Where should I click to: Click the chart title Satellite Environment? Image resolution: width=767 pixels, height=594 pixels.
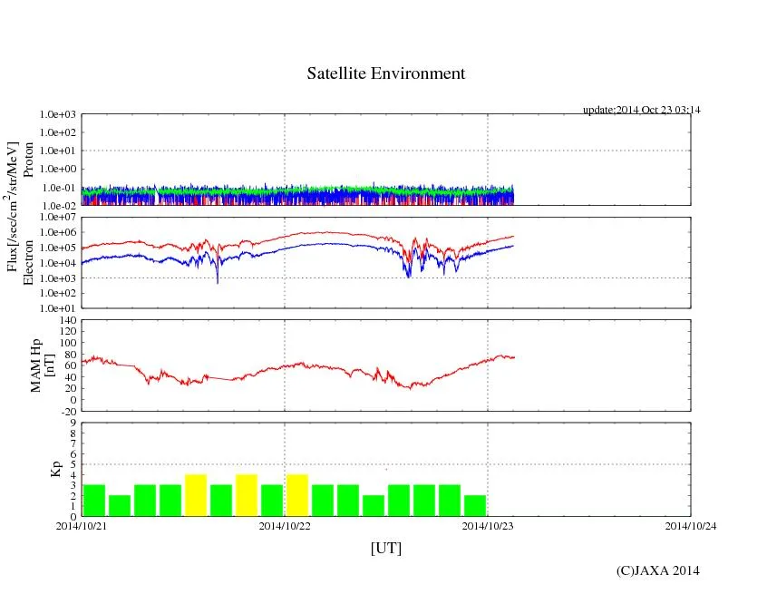385,73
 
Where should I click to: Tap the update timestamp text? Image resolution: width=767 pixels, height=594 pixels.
642,110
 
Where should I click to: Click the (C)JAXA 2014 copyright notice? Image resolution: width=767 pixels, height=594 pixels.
657,570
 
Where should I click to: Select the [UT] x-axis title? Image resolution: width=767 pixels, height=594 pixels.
385,548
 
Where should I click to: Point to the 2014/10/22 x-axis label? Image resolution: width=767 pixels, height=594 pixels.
285,525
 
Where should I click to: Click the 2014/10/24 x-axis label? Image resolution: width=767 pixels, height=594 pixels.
691,525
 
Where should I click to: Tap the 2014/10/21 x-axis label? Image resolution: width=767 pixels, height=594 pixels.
82,525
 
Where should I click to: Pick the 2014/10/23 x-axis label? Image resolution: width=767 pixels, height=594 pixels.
488,525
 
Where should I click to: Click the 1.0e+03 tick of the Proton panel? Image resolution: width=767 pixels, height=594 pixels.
60,115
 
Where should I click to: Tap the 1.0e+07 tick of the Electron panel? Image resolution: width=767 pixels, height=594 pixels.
60,218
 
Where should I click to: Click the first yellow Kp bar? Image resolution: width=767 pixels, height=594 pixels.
196,495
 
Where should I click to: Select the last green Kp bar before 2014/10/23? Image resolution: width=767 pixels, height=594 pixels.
475,505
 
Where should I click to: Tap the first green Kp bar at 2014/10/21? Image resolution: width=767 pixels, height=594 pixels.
94,500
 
